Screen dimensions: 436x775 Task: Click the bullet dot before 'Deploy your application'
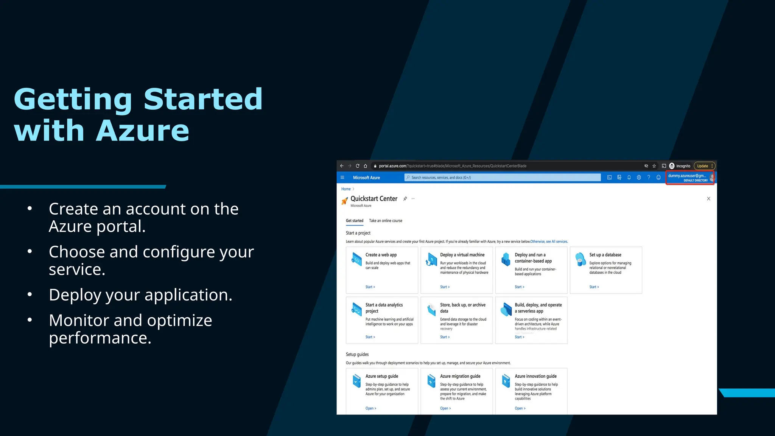pos(30,294)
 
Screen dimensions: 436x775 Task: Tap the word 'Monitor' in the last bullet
pos(78,321)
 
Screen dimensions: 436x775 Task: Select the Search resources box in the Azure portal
pos(502,178)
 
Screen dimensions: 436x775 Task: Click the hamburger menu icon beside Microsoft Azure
pos(342,178)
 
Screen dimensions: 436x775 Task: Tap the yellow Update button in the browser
pos(703,166)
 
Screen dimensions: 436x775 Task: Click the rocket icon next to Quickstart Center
pos(344,201)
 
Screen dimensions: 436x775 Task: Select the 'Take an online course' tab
pos(386,221)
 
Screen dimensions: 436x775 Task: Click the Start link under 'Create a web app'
pos(370,287)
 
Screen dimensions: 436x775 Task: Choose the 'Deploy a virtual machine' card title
pos(462,255)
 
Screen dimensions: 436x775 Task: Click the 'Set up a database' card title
pos(605,255)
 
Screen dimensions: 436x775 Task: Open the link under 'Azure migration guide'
pos(445,408)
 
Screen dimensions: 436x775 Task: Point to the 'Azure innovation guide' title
pos(535,376)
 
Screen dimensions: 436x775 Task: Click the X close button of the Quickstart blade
pos(708,199)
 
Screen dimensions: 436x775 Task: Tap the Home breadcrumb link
pos(346,189)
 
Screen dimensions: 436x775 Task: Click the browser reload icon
pos(357,166)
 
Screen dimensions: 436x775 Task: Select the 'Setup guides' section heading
pos(357,354)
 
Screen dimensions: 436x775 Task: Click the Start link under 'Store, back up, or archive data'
pos(444,337)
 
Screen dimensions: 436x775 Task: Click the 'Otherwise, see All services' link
pos(549,241)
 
